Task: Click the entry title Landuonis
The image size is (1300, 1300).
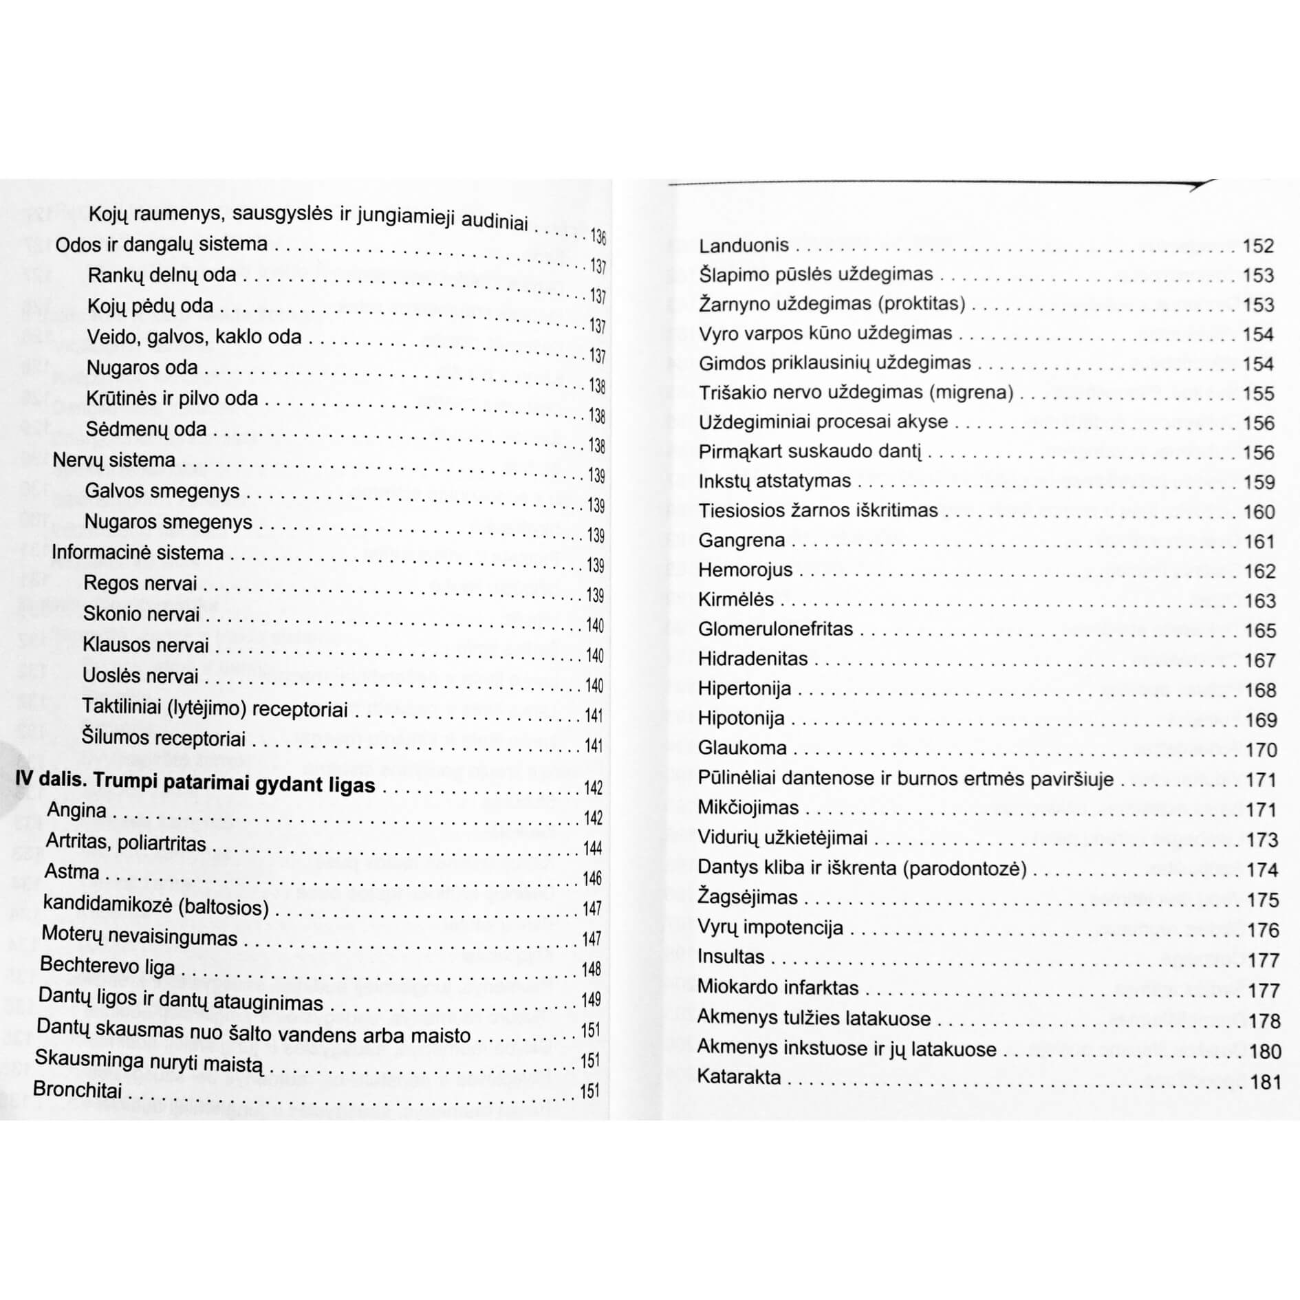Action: [744, 246]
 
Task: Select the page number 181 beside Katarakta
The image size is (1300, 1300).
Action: [1266, 1083]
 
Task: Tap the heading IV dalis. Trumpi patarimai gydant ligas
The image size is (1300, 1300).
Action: [195, 783]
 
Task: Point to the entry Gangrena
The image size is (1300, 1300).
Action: [741, 541]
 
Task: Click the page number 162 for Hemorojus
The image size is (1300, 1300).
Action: [1259, 571]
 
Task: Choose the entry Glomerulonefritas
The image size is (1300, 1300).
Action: [775, 629]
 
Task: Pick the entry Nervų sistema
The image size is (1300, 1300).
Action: [114, 459]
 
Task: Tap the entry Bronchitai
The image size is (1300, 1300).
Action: [77, 1090]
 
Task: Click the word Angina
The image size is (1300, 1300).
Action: [76, 810]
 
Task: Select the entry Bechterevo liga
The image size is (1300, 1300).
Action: [107, 966]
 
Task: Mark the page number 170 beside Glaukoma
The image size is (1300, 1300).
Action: [1261, 750]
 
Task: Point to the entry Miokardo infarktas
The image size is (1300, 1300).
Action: [778, 988]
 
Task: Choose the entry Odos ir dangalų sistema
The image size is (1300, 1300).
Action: [161, 244]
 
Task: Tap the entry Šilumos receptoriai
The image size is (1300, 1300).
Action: [164, 738]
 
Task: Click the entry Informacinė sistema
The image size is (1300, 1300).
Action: [138, 552]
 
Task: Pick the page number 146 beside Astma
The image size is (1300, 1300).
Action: [592, 878]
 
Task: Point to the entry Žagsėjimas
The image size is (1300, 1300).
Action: [748, 898]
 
